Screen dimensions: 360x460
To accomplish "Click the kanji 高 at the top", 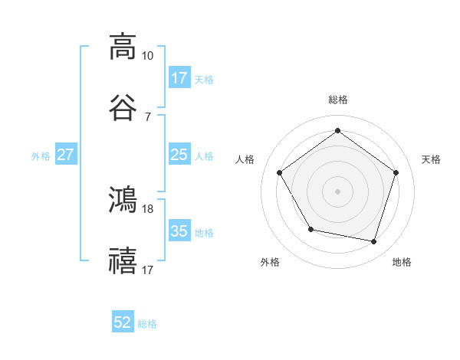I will coord(123,46).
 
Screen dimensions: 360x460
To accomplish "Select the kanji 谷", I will coord(123,107).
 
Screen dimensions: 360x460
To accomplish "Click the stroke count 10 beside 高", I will coord(147,56).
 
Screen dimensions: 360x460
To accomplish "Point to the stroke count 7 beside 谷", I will coord(147,116).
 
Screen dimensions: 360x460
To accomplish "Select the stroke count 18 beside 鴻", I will coord(147,208).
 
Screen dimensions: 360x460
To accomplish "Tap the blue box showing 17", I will coord(179,78).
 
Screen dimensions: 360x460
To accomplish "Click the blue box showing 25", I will coord(179,155).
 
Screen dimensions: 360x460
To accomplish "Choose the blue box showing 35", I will coord(179,231).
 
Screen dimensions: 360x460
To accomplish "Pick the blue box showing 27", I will coord(65,155).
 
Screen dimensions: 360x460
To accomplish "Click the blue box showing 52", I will coord(123,322).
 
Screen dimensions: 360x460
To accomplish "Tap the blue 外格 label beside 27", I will coord(41,155).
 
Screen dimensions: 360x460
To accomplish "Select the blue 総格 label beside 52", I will coord(147,324).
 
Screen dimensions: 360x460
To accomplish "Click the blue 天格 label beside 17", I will coord(204,79).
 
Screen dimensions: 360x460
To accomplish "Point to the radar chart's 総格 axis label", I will coord(337,100).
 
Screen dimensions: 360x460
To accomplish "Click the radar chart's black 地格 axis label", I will coord(402,262).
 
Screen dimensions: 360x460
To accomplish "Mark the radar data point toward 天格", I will coord(396,172).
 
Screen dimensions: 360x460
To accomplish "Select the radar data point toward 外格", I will coord(310,229).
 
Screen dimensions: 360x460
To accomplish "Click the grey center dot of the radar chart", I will coord(337,191).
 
